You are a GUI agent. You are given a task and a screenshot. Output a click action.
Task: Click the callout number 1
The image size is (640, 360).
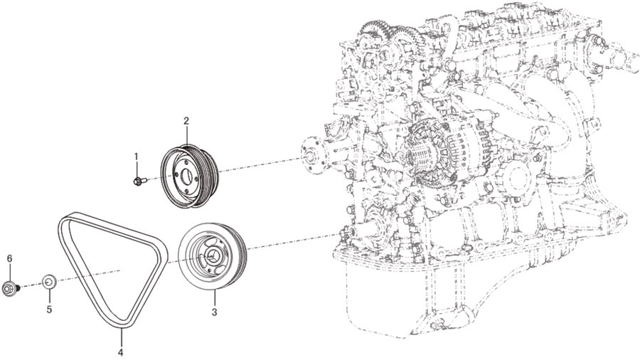(x=137, y=156)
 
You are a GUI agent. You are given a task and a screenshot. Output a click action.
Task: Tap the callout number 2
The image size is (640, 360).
(x=186, y=121)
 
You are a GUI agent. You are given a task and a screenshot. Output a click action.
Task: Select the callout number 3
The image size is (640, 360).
(x=214, y=313)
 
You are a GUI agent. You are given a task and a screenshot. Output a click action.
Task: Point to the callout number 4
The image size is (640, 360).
(x=120, y=352)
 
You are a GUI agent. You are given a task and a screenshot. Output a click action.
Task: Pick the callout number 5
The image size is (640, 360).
(x=49, y=309)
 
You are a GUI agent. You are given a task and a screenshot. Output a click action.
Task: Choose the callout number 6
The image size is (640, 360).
(x=9, y=258)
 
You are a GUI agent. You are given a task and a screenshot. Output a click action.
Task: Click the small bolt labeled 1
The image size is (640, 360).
(x=139, y=181)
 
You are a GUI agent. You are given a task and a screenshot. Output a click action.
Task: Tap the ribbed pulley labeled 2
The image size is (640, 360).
(x=188, y=176)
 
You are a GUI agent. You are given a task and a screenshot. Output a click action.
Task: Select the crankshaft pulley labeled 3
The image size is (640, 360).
(x=212, y=256)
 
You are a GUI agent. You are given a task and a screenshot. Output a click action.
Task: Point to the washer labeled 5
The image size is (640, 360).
(x=49, y=281)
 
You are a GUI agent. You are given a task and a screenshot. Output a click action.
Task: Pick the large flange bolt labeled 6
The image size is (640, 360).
(x=10, y=287)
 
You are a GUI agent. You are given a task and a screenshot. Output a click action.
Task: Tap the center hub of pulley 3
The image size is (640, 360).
(x=212, y=257)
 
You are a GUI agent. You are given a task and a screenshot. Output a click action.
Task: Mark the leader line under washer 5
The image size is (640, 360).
(x=49, y=296)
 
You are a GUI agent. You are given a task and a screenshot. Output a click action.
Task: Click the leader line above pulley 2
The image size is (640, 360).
(x=186, y=135)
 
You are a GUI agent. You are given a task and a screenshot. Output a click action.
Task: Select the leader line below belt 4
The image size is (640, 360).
(x=121, y=337)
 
